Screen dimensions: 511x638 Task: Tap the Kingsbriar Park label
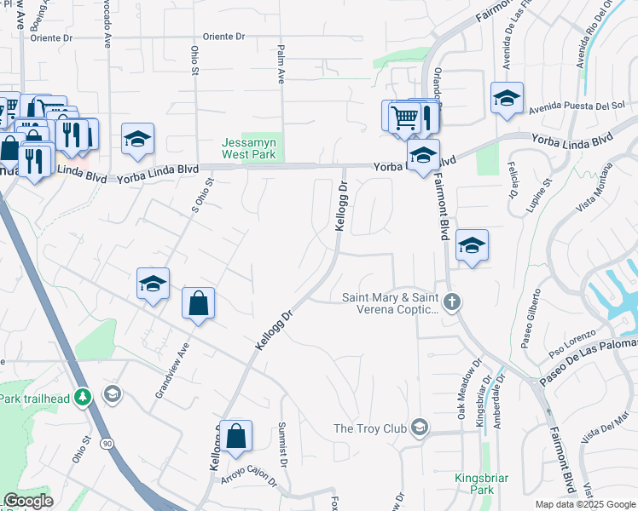[475, 485]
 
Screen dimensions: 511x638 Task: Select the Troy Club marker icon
[419, 427]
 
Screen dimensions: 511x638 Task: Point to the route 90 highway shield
[106, 445]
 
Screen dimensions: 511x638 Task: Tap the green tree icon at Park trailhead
[82, 398]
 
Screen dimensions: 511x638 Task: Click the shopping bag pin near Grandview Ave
[198, 304]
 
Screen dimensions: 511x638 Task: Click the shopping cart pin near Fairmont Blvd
[405, 117]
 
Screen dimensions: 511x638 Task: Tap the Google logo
[28, 501]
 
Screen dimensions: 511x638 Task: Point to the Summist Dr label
[283, 442]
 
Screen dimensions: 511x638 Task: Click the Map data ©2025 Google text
[585, 504]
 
